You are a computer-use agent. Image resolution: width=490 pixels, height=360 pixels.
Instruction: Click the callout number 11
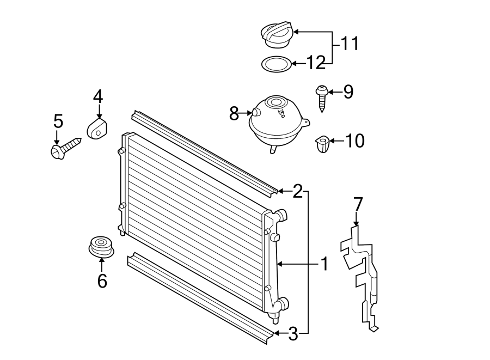350,44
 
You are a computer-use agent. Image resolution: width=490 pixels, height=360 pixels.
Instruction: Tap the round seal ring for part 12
276,64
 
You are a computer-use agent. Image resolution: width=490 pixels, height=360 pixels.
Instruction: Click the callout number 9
347,92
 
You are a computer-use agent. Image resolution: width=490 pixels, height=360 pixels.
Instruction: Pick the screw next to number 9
322,97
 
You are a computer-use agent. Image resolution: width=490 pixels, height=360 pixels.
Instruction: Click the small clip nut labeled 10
323,144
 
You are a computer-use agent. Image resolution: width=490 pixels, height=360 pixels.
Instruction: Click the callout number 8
234,114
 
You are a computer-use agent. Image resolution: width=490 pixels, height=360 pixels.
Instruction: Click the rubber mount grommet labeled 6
101,247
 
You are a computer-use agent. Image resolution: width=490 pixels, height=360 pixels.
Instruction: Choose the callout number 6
102,280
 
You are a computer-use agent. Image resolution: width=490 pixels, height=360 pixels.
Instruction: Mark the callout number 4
98,97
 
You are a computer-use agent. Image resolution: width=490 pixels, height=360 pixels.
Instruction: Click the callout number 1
324,265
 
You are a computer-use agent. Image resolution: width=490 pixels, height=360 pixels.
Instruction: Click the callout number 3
293,334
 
